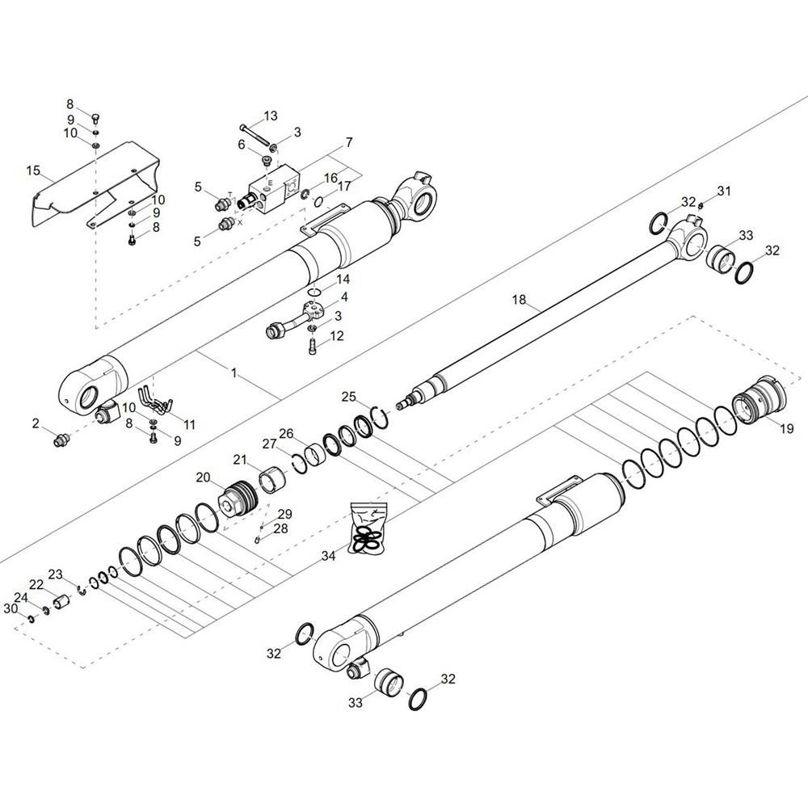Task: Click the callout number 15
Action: coord(33,170)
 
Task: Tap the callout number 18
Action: coord(519,300)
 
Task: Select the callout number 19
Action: coord(786,428)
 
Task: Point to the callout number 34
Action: coord(328,556)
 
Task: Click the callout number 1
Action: coord(234,372)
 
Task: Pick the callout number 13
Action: coord(271,116)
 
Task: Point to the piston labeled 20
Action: coord(238,500)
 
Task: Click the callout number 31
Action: coord(724,191)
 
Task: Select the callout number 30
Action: coord(11,608)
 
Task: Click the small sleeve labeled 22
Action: coord(61,602)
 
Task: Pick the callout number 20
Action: coord(203,478)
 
